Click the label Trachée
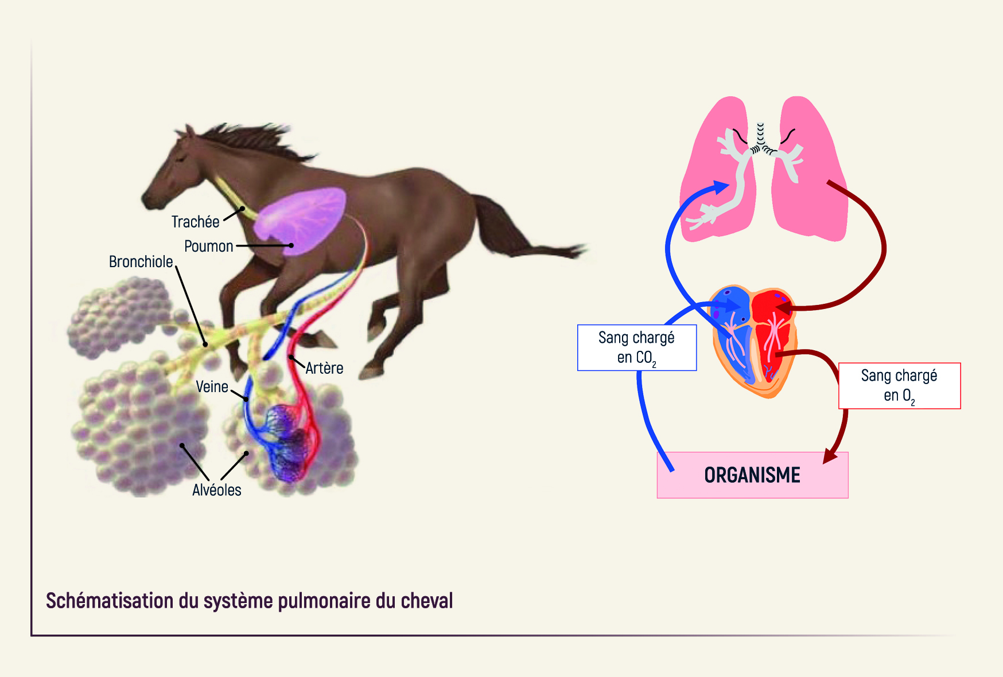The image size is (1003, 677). click(x=195, y=222)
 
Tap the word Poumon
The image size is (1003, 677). click(x=208, y=246)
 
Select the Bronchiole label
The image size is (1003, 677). click(x=141, y=262)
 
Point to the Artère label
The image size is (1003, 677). click(x=324, y=368)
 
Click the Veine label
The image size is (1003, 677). click(x=212, y=387)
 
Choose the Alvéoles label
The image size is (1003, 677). click(x=216, y=490)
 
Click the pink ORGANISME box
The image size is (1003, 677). click(x=752, y=475)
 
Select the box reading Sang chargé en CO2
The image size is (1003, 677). click(x=637, y=348)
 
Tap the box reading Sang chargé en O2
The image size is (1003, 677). click(x=899, y=386)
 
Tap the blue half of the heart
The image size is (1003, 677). click(x=732, y=332)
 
